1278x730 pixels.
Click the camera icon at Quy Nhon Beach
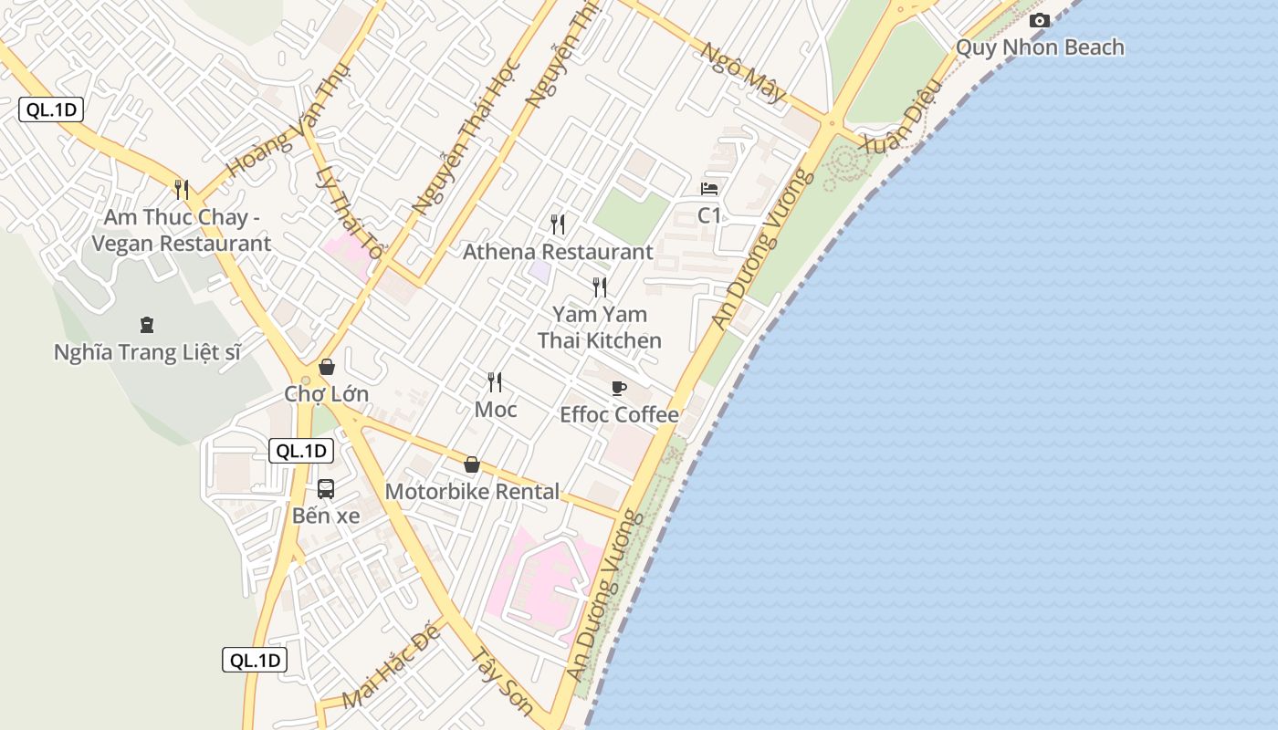(1039, 21)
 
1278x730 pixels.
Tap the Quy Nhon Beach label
(1039, 47)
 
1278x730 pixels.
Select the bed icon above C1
(709, 189)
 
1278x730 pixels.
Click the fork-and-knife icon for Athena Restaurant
(558, 224)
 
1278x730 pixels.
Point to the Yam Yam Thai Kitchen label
(600, 328)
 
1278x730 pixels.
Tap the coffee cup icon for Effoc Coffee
(619, 388)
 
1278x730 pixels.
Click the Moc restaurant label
(496, 410)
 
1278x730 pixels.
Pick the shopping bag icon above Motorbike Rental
(472, 464)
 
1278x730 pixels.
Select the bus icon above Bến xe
(326, 489)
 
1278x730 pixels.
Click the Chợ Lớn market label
(326, 394)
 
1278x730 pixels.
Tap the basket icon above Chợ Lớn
(326, 367)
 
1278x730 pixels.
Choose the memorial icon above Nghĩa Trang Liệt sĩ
(146, 325)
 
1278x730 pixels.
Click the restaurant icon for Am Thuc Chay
(182, 190)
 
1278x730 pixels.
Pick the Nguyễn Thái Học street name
(466, 137)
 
